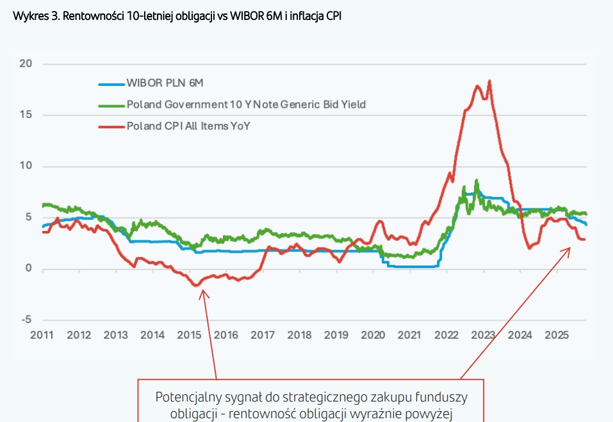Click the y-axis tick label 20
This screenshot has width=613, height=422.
[x=26, y=64]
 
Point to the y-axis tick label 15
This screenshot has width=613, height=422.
[x=26, y=115]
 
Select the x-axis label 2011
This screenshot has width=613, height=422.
[x=42, y=335]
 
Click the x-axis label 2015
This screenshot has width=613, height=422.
[x=189, y=335]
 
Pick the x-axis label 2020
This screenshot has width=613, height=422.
[x=373, y=335]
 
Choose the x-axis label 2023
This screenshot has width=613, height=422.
[x=483, y=335]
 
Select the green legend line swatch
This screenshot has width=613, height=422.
[x=111, y=105]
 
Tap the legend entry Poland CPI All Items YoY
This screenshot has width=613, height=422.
[x=188, y=126]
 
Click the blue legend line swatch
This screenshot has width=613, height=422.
[x=111, y=83]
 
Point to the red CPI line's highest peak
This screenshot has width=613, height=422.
[x=489, y=81]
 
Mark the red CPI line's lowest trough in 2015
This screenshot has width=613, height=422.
[x=196, y=285]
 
